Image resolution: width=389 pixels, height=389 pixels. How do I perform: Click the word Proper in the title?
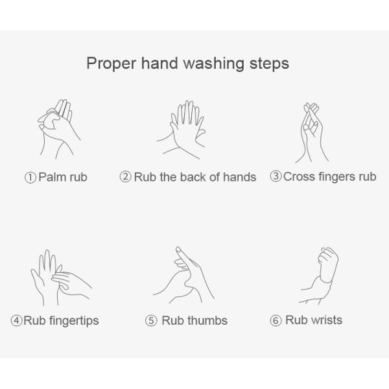[x=111, y=64]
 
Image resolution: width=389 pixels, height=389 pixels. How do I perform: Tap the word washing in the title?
[x=213, y=64]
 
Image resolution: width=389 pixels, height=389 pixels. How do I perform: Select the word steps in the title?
[x=269, y=64]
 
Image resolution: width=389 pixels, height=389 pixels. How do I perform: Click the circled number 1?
[x=30, y=178]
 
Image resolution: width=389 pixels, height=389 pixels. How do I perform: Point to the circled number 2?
[x=126, y=177]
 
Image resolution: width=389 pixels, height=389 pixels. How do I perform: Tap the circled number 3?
[x=276, y=176]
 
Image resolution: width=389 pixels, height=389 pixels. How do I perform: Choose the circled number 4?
[x=17, y=320]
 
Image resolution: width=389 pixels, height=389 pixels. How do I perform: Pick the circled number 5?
[x=151, y=320]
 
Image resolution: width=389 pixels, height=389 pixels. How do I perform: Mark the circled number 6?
[x=276, y=320]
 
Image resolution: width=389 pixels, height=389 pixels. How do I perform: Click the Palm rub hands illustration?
[x=59, y=129]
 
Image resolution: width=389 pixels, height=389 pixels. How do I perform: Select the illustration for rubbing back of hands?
[x=181, y=130]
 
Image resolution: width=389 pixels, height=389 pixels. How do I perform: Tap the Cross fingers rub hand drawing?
[x=312, y=133]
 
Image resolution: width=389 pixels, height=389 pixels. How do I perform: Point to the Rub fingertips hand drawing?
[x=62, y=277]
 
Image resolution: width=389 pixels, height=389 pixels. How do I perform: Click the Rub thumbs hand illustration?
[x=183, y=275]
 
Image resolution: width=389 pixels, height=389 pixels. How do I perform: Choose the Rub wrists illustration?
[x=319, y=276]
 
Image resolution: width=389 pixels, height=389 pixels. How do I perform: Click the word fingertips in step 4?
[x=74, y=321]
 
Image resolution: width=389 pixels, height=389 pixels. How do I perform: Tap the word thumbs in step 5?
[x=207, y=320]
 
